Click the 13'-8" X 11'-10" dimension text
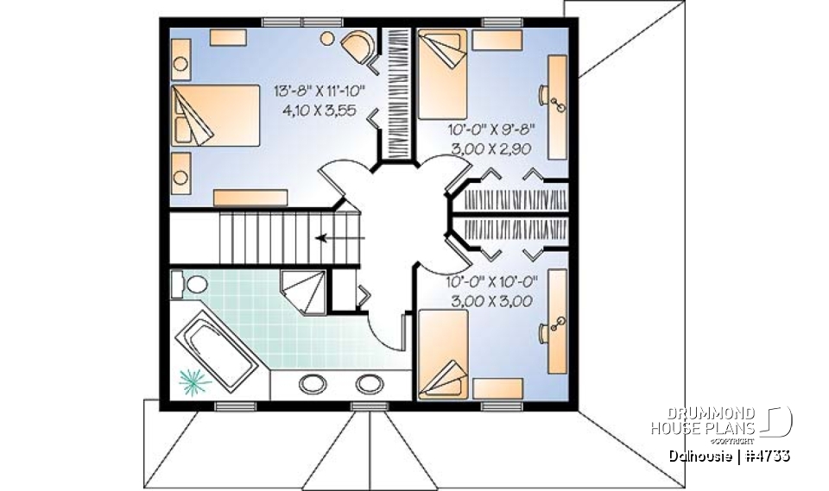point(319,91)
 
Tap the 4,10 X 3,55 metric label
point(319,110)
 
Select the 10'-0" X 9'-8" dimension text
point(492,131)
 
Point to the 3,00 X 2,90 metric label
point(492,148)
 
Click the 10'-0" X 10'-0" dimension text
point(492,281)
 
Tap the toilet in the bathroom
point(191,284)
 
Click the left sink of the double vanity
point(310,383)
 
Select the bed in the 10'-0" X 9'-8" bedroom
point(442,74)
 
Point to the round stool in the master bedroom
point(328,38)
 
